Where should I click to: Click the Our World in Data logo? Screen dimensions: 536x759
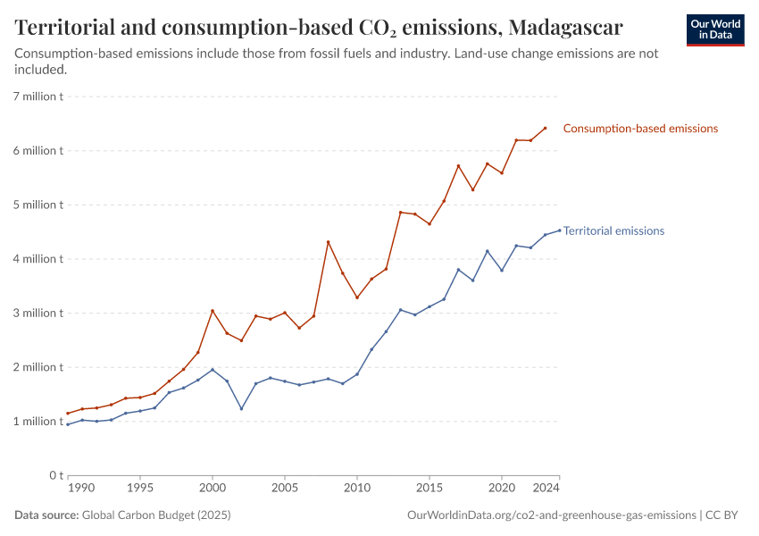(x=715, y=29)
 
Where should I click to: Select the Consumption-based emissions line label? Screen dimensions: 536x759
(x=640, y=129)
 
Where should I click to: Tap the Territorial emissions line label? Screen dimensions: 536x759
(x=613, y=230)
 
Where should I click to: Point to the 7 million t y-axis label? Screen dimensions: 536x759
(x=37, y=96)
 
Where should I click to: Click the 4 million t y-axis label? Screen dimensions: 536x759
(x=37, y=259)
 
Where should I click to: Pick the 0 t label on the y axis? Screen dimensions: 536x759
(x=55, y=475)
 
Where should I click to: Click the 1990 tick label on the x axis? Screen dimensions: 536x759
(x=81, y=490)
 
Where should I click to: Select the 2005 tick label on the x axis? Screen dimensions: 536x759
(x=285, y=490)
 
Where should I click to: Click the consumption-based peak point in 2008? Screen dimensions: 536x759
(x=328, y=242)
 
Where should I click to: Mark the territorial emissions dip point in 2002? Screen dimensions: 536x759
(x=241, y=409)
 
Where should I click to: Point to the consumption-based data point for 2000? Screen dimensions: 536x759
(x=213, y=311)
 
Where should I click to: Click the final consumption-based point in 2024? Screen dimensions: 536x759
(x=545, y=128)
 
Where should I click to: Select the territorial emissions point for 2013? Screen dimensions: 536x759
(x=400, y=310)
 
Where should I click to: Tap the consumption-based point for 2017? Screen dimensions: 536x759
(x=458, y=166)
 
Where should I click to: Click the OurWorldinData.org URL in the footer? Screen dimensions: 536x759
(x=551, y=515)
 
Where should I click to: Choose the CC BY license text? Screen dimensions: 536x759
(x=725, y=515)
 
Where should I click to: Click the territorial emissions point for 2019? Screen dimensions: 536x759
(x=487, y=251)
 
